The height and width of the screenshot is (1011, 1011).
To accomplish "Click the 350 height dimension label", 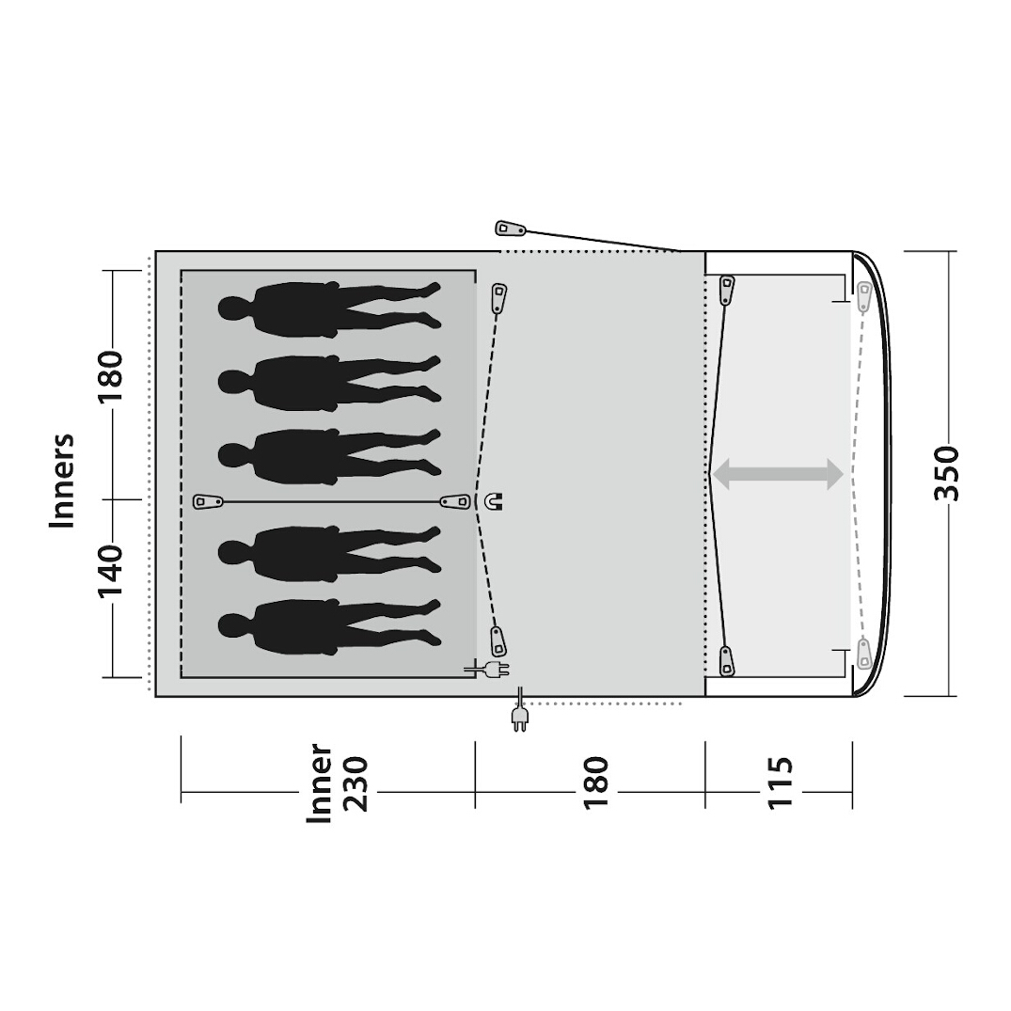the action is [946, 474].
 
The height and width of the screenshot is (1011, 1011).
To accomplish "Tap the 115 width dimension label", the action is [780, 782].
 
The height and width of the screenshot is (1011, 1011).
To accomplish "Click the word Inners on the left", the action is [63, 481].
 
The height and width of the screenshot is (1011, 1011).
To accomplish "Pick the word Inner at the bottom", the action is [319, 782].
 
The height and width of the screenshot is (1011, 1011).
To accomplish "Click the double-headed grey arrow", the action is [777, 474].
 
